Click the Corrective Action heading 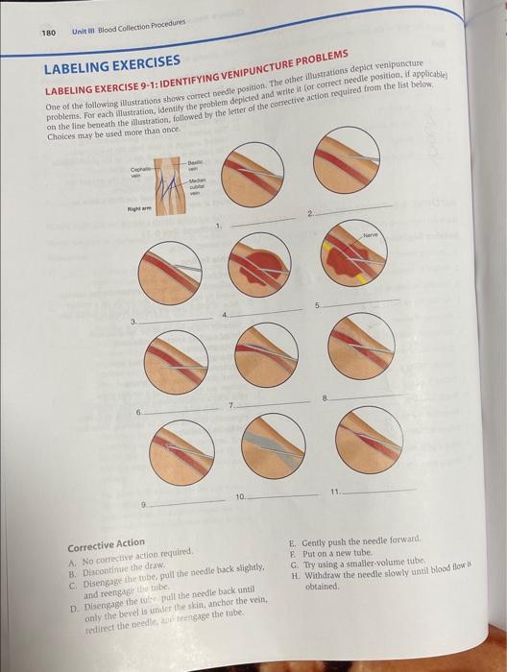coord(106,542)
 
